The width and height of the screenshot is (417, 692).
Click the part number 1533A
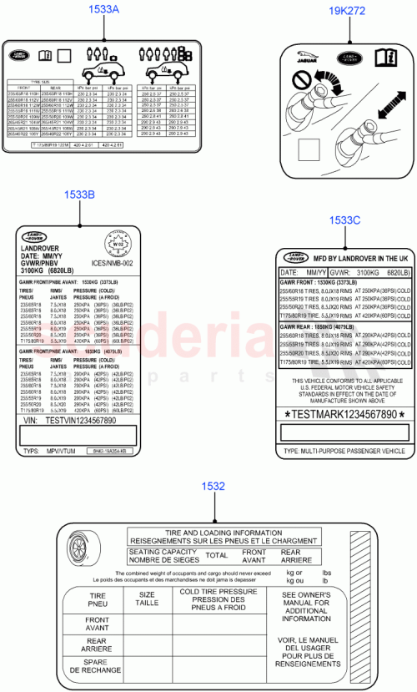coord(103,11)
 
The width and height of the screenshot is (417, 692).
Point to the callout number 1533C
coord(344,220)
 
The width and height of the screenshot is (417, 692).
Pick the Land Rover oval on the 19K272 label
coord(349,59)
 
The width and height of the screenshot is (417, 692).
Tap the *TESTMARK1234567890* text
coord(345,414)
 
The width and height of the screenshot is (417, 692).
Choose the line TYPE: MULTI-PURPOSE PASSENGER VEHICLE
coord(344,451)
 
